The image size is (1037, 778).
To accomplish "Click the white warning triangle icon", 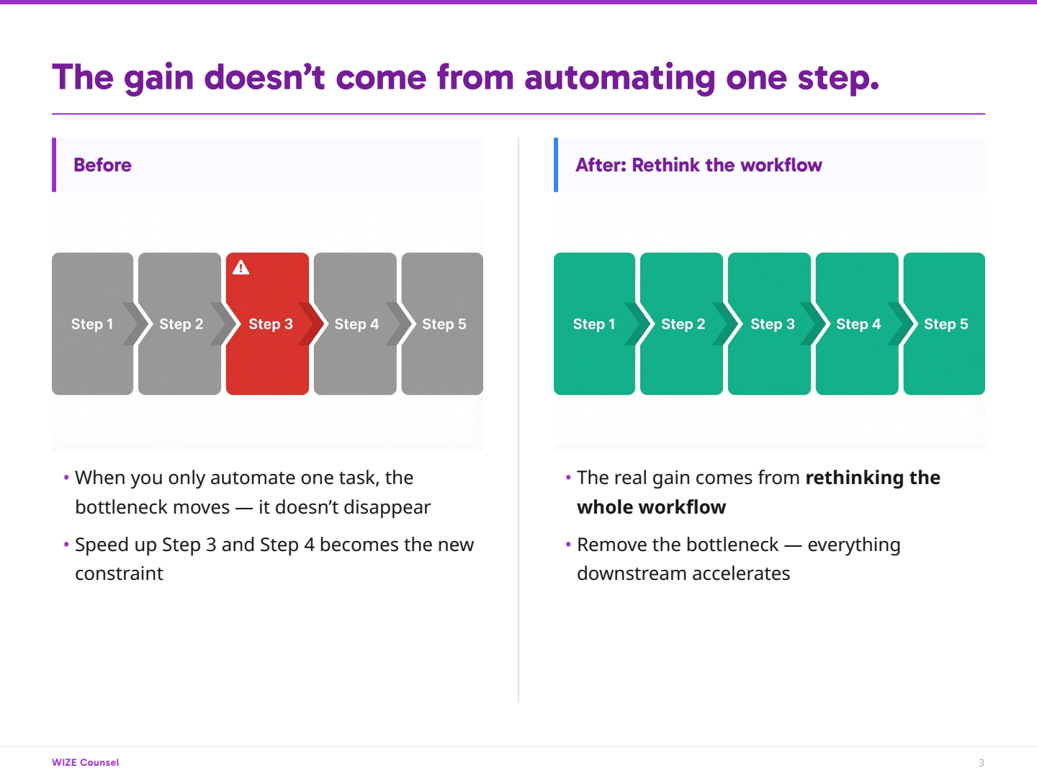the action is coord(241,267).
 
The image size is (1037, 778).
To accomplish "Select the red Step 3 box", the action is coord(267,323).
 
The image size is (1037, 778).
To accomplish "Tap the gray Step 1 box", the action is coord(93,323).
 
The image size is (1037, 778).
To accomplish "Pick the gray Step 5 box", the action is coord(442,323).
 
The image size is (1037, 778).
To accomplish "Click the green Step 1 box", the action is coord(594,323).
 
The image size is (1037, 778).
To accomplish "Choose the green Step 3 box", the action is coord(769,323).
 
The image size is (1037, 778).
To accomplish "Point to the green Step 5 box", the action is coord(944,323).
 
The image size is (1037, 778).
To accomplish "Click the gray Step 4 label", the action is coord(356,324).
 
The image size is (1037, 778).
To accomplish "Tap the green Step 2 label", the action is coord(683,324).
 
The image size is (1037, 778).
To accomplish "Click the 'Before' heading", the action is coord(102,165).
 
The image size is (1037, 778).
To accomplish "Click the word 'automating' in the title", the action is coord(620,78).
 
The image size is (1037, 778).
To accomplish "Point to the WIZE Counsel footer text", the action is coord(86,762).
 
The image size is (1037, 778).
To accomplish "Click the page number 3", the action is coord(982,763).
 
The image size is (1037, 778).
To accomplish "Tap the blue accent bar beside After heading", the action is coord(556,165).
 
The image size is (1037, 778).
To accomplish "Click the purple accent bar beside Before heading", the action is coord(54,165).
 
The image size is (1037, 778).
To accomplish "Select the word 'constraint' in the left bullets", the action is coord(119,573).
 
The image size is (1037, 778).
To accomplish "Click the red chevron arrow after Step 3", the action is coord(312,323).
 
